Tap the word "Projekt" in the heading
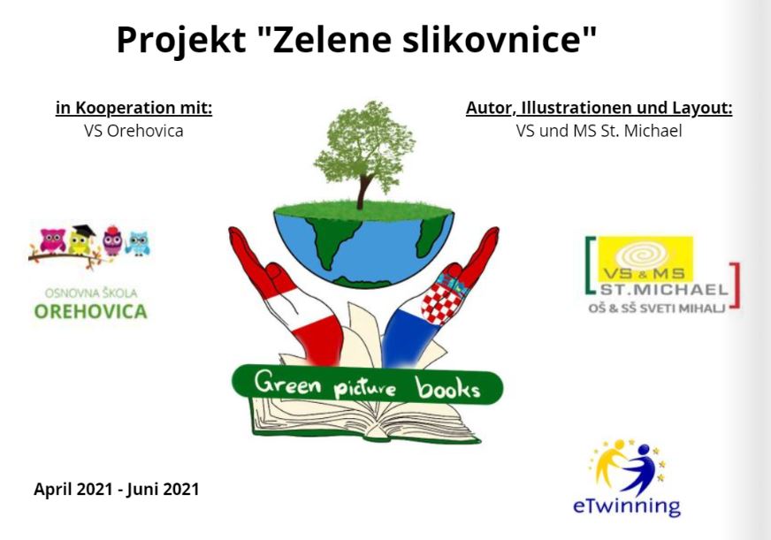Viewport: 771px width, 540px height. click(x=181, y=42)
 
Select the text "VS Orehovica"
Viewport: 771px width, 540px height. click(x=134, y=131)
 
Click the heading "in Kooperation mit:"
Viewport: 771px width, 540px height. click(x=134, y=108)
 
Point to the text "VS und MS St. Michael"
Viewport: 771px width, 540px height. click(x=599, y=131)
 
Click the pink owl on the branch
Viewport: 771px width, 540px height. click(x=53, y=240)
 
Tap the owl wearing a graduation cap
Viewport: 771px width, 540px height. click(x=81, y=240)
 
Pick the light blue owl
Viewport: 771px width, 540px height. click(x=138, y=243)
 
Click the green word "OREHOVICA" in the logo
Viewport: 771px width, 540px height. click(x=90, y=311)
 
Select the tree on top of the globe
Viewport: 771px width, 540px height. click(x=364, y=153)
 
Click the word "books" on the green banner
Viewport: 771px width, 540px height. click(x=447, y=388)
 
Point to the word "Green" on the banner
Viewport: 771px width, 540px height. click(x=287, y=383)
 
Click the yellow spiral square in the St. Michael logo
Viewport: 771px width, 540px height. click(x=645, y=259)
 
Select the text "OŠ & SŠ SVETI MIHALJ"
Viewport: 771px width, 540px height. click(x=657, y=308)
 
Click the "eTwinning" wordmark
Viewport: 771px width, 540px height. click(x=627, y=506)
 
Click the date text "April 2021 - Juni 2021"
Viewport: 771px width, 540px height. click(x=117, y=490)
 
